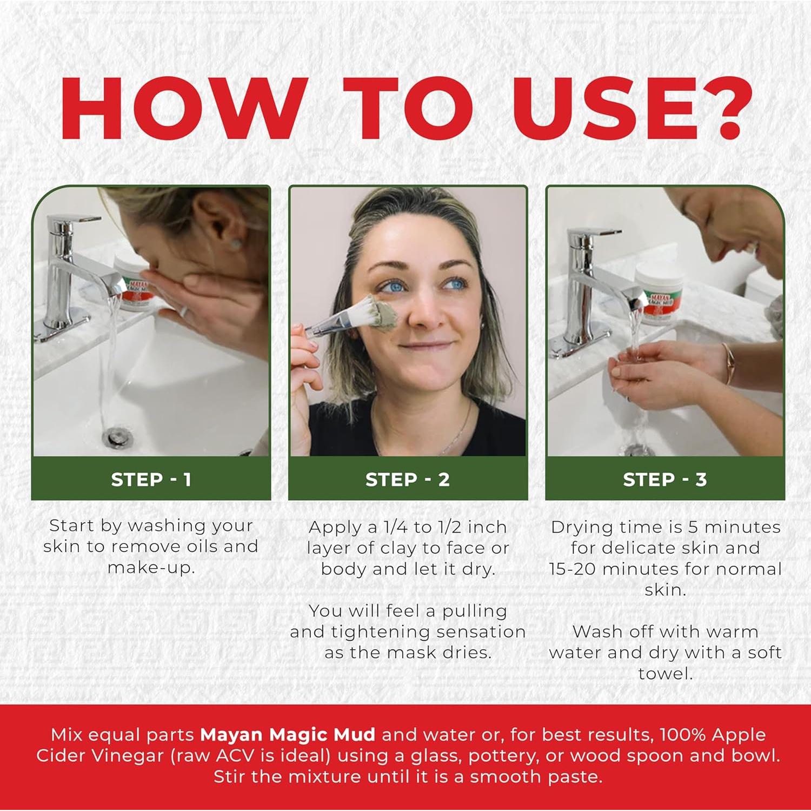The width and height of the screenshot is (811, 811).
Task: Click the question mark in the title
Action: click(719, 108)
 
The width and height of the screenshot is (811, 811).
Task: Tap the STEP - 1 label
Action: click(151, 480)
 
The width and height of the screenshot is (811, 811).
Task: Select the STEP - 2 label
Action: click(408, 480)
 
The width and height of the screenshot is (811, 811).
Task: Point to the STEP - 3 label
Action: click(665, 480)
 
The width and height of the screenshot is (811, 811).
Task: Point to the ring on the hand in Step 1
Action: click(184, 311)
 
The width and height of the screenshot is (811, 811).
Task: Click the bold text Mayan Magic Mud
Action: click(287, 735)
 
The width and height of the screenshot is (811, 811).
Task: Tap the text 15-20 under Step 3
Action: click(573, 569)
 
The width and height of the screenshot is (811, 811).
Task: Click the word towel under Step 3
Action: click(665, 674)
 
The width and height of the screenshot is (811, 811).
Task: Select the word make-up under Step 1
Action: click(151, 568)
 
